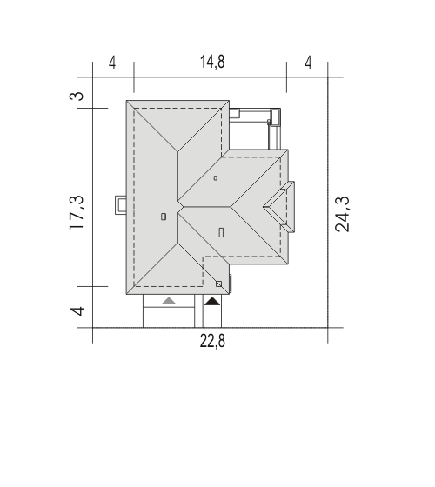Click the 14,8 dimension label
(212, 62)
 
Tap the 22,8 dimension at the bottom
(212, 341)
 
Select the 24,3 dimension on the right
(342, 214)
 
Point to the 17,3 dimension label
(77, 213)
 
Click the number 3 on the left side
(77, 96)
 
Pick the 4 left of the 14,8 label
(112, 63)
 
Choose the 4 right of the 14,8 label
(308, 63)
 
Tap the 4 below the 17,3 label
(77, 311)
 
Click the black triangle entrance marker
(212, 301)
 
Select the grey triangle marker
(169, 301)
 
